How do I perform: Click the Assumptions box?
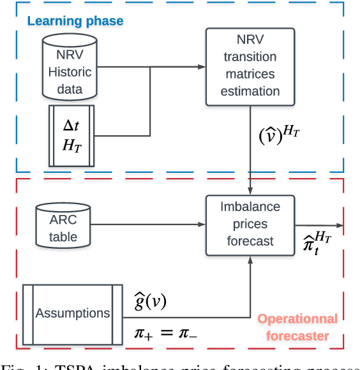[x=72, y=313]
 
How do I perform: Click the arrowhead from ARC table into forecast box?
[x=201, y=224]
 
